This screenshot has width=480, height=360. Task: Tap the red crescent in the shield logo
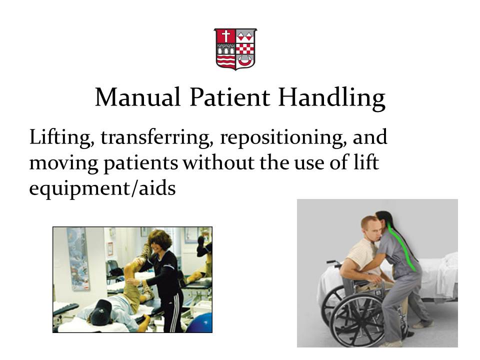(x=245, y=60)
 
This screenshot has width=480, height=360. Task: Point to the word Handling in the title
(x=331, y=97)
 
